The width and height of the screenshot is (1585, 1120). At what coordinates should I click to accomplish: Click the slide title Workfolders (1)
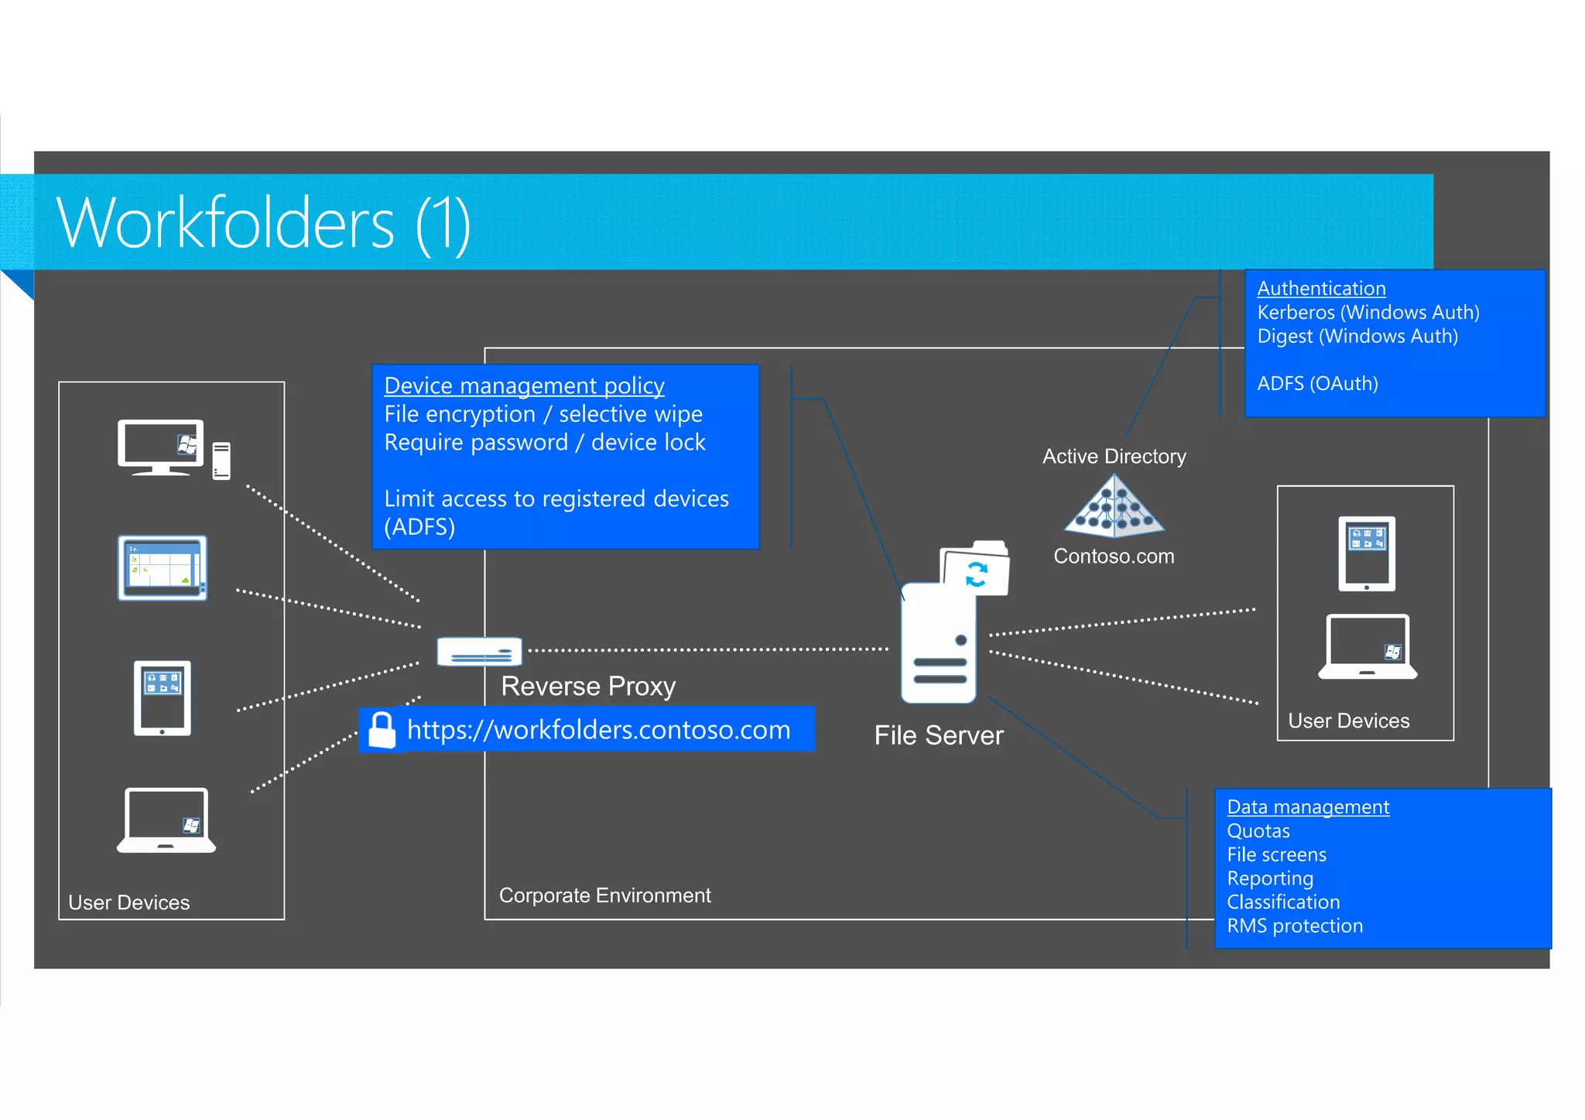click(x=263, y=224)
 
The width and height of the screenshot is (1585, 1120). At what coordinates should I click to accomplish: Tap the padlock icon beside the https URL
click(x=382, y=730)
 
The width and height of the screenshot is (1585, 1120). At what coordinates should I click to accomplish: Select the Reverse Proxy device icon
click(x=479, y=652)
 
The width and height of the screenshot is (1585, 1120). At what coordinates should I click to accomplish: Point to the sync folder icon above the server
click(x=976, y=570)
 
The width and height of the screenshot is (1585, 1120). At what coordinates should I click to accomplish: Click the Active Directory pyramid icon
click(x=1114, y=507)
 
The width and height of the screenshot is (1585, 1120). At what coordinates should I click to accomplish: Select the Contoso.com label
click(x=1113, y=557)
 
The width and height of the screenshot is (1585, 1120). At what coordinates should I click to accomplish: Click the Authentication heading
click(x=1320, y=289)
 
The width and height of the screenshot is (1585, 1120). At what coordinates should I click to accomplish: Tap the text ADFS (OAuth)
click(x=1317, y=384)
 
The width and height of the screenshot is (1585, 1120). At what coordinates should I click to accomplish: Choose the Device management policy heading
click(x=524, y=385)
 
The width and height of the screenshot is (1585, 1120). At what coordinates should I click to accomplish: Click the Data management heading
click(x=1307, y=807)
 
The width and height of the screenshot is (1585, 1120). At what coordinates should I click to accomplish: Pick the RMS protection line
click(x=1294, y=926)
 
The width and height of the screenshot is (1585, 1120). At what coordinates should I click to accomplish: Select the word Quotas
click(x=1258, y=831)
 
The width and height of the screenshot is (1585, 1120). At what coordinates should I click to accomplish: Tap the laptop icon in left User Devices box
click(x=166, y=820)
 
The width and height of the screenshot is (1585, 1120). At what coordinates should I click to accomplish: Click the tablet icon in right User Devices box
click(x=1367, y=553)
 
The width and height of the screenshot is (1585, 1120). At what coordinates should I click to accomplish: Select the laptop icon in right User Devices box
click(x=1367, y=647)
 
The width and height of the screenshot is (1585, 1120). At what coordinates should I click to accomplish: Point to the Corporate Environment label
click(x=604, y=896)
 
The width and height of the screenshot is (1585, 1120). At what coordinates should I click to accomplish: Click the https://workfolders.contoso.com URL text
click(x=598, y=730)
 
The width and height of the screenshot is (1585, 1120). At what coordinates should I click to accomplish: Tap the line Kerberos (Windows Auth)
click(x=1368, y=313)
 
